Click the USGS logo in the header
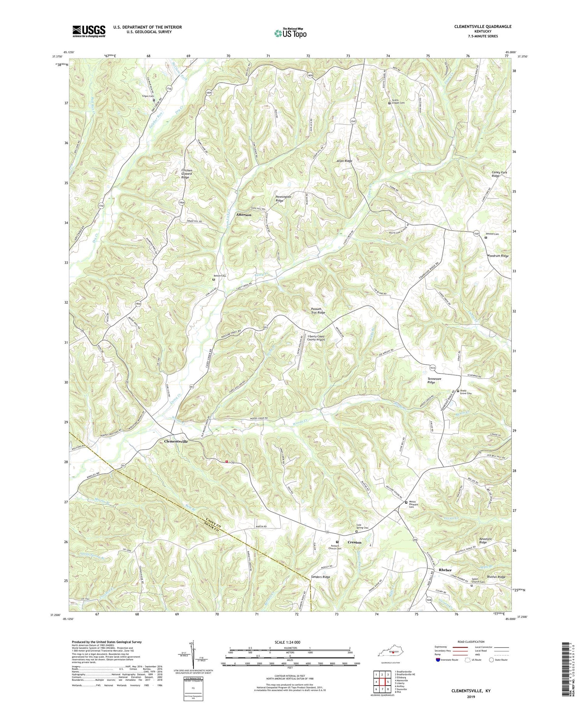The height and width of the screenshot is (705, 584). click(89, 31)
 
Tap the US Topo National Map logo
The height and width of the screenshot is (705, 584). click(290, 33)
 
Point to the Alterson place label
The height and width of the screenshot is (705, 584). click(244, 215)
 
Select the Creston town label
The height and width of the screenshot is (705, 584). click(354, 542)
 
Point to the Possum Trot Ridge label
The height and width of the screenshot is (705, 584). click(318, 310)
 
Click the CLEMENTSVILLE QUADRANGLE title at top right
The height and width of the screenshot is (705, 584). click(482, 26)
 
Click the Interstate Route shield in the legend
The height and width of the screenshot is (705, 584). click(439, 660)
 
